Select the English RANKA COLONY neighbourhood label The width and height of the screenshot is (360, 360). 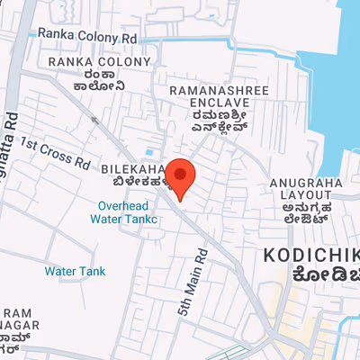pyautogui.click(x=88, y=61)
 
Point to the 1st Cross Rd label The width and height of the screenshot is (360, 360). pyautogui.click(x=56, y=153)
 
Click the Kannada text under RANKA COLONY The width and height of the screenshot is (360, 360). pyautogui.click(x=88, y=81)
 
